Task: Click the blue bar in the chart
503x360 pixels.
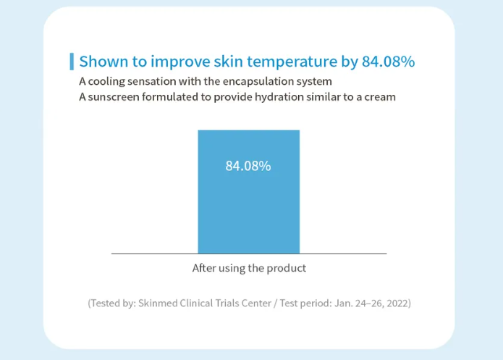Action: (249, 192)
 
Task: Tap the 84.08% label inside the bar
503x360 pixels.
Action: (248, 166)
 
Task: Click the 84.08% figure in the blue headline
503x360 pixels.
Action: (388, 62)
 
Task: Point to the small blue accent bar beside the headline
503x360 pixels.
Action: (72, 62)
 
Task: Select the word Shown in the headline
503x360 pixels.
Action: (103, 62)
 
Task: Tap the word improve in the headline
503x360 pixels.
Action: (180, 62)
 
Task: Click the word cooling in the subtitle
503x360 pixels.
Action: (106, 82)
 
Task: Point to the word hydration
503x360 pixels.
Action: (279, 97)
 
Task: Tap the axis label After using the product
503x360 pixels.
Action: (249, 268)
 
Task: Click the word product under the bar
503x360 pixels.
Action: (286, 269)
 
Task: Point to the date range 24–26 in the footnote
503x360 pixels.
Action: (369, 304)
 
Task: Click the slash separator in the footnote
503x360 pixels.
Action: (276, 304)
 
